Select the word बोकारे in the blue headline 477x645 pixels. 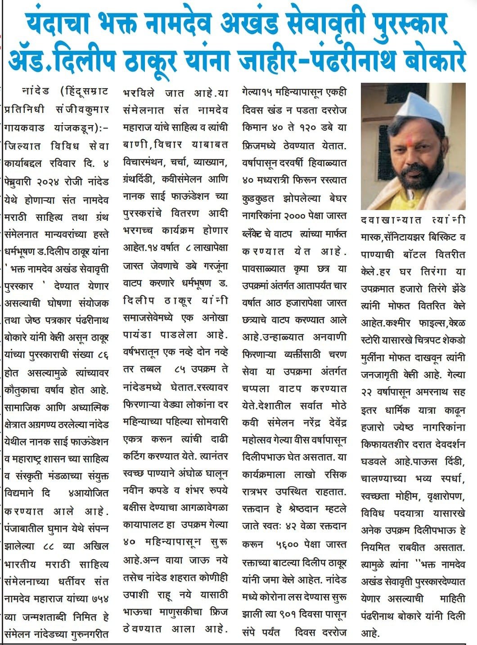point(431,59)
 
